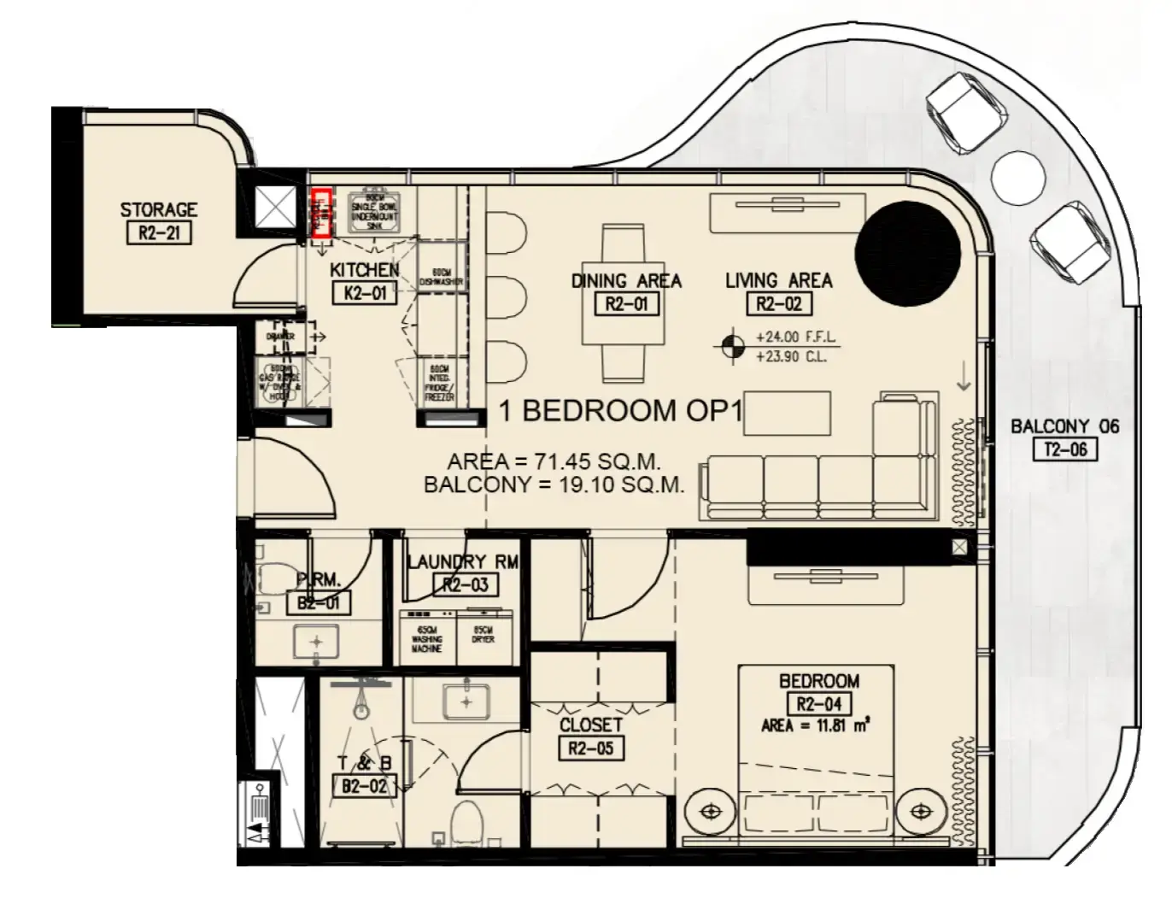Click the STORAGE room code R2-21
[x=158, y=233]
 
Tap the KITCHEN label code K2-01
[x=366, y=294]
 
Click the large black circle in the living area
[x=907, y=254]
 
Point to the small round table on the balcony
[x=1018, y=178]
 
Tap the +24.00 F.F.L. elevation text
[x=796, y=337]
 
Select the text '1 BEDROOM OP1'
[x=621, y=411]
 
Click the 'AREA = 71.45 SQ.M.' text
[x=554, y=462]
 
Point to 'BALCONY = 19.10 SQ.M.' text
[x=554, y=485]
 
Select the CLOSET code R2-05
[x=590, y=749]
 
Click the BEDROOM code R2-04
[x=818, y=704]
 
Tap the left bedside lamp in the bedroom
[x=711, y=810]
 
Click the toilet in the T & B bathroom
[x=467, y=821]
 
